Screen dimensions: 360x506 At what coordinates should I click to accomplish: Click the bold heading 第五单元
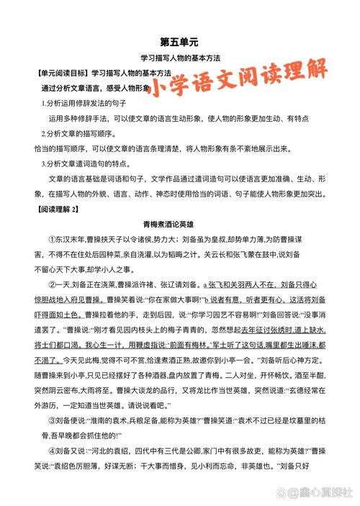180,42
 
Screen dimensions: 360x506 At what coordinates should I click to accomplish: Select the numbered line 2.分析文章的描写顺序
79,134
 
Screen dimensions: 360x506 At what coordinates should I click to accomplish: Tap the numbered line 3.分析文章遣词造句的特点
89,163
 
